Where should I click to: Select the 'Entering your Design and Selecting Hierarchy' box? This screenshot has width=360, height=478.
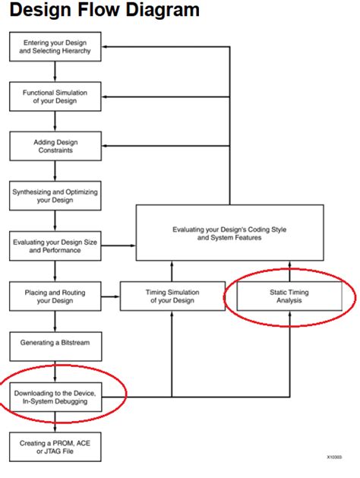55,46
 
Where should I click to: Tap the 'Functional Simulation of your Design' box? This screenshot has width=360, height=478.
55,97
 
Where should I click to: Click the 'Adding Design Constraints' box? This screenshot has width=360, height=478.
55,146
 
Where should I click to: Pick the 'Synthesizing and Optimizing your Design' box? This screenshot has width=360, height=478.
55,196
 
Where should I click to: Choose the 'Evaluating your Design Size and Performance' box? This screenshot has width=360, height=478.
55,245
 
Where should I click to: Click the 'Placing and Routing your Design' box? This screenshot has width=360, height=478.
55,295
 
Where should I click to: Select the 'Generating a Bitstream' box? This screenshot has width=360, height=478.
55,343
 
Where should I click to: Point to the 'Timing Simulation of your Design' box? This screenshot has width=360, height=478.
172,295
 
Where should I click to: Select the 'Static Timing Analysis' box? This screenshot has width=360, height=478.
289,295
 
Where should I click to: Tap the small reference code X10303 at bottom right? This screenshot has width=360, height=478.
334,458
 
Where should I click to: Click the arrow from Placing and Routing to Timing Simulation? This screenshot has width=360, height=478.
111,295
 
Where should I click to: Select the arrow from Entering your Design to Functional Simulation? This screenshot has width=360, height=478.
55,71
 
